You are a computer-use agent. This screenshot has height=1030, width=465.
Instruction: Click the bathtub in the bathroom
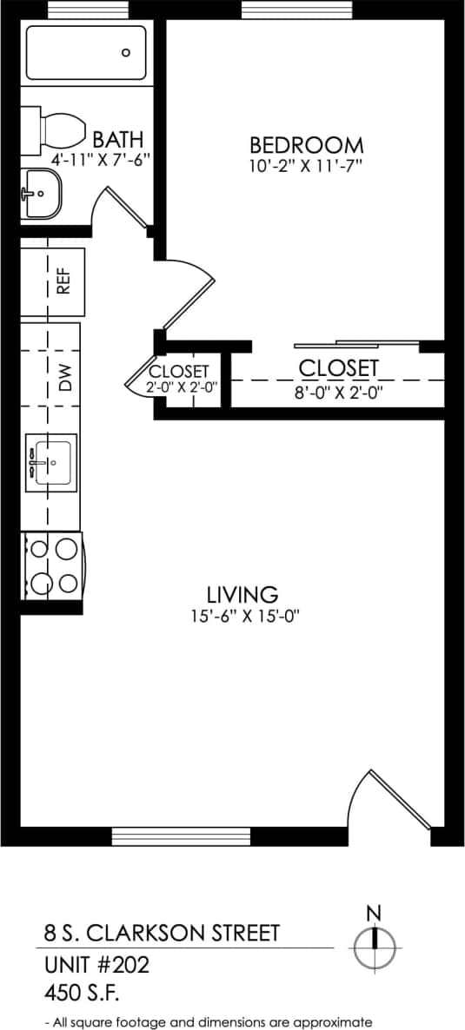coord(86,53)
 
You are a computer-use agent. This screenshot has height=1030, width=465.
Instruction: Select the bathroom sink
coord(40,193)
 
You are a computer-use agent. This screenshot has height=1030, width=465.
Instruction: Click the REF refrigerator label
coord(63,281)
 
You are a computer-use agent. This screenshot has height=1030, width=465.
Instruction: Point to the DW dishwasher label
coord(63,378)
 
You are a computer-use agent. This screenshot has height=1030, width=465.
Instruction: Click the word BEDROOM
coord(306,144)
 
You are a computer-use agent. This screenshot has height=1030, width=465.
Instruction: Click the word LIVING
coord(242,595)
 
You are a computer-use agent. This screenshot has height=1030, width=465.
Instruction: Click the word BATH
coord(117,140)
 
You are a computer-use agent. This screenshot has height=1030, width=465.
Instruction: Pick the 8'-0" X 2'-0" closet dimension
coord(339,392)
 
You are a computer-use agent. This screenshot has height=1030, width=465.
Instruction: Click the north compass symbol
coord(375,945)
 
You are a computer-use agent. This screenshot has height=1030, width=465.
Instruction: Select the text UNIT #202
coord(96,964)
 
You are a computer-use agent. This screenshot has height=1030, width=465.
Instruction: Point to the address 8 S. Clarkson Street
coord(162,933)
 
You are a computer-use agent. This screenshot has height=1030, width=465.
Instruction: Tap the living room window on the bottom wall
coord(181,836)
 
